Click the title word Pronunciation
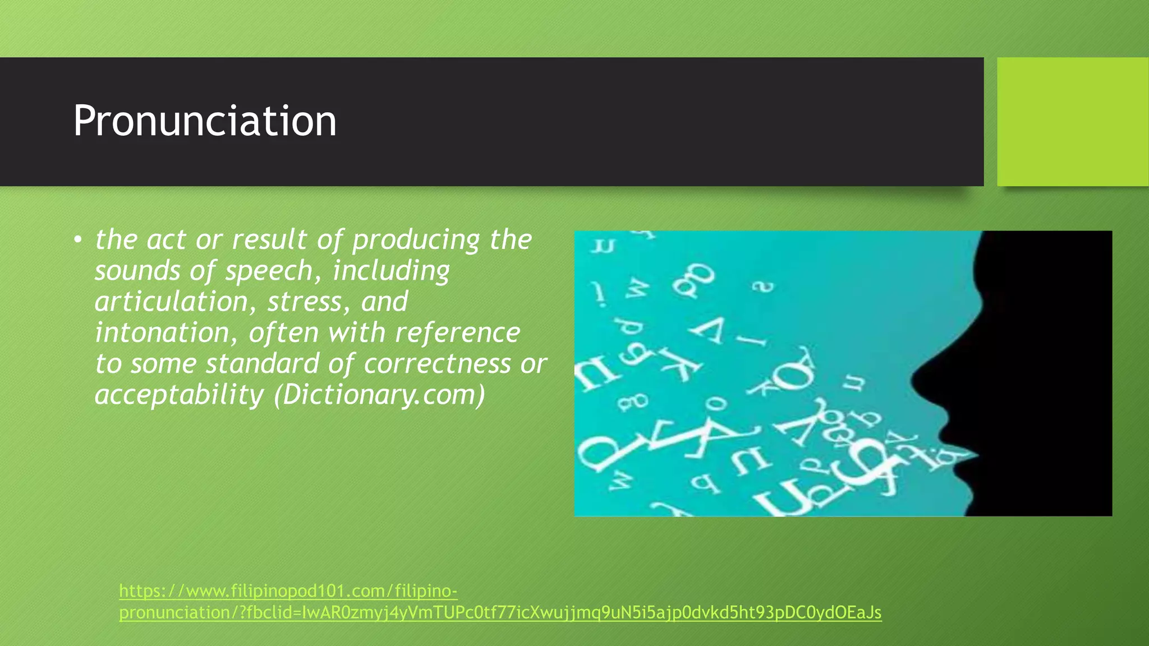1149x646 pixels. coord(205,121)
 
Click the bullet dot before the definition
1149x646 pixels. coord(77,241)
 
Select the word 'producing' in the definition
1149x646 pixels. coord(416,241)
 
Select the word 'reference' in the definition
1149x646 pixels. coord(457,333)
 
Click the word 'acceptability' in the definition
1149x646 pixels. coord(179,395)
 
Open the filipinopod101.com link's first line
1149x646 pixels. coord(288,591)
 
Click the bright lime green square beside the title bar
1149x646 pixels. coord(1072,122)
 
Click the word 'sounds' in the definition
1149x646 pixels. coord(137,271)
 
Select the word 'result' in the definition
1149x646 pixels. coord(269,241)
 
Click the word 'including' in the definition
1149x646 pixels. coord(391,271)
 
